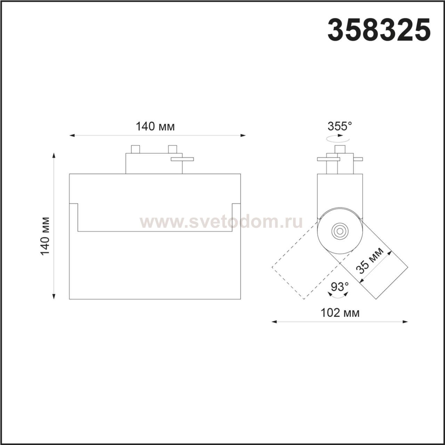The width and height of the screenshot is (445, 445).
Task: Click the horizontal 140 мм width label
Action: (x=155, y=127)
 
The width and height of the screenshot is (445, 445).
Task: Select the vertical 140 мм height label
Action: (x=45, y=236)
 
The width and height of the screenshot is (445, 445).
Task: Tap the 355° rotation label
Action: (x=340, y=126)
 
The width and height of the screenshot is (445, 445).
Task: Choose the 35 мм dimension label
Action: (x=370, y=261)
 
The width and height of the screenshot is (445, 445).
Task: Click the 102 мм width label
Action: (x=340, y=313)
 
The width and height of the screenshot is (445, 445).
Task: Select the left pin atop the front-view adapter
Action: (x=135, y=149)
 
